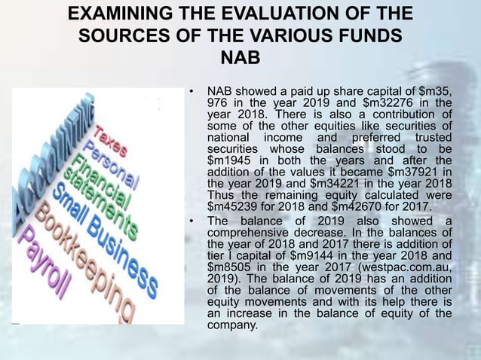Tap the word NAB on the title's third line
pos(240,57)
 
